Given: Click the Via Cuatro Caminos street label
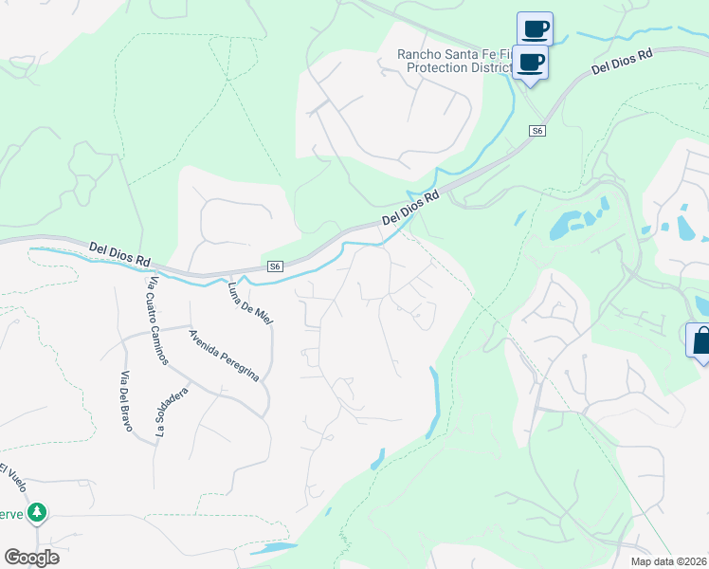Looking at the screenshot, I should coord(157,321).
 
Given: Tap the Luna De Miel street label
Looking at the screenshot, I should coord(250,304).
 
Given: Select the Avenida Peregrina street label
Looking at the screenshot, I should coord(224,356).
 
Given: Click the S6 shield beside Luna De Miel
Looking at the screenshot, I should coord(275,267).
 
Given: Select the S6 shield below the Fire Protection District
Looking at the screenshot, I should coord(537,131).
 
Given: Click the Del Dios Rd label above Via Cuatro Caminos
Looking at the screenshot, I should coord(119,253).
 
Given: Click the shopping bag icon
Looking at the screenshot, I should coord(700,340).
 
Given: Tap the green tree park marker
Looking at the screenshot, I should coord(37,513).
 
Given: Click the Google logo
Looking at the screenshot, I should coord(31,558).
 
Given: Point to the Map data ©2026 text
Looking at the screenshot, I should coord(669,561).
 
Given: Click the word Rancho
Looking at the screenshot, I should coord(420,55).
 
